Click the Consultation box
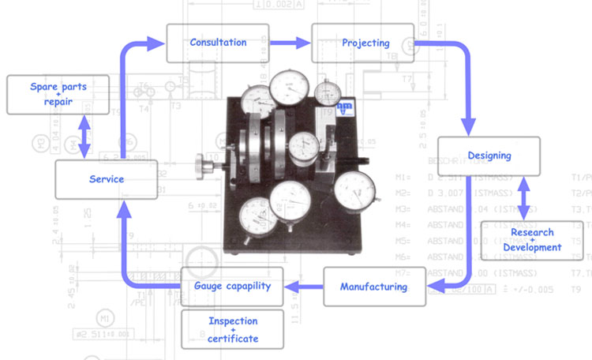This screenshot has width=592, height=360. point(218,43)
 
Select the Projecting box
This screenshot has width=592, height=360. point(362,43)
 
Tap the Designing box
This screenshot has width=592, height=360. point(489,156)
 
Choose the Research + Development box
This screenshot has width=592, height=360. point(531,240)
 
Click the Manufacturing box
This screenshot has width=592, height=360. point(373,287)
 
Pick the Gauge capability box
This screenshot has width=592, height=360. point(232,286)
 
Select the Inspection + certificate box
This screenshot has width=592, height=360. point(232,329)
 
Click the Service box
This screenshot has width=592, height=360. point(106,179)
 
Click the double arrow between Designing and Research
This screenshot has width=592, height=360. point(521,198)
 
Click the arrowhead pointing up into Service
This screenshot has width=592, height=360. point(122,208)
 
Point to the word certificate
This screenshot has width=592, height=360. point(232,339)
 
